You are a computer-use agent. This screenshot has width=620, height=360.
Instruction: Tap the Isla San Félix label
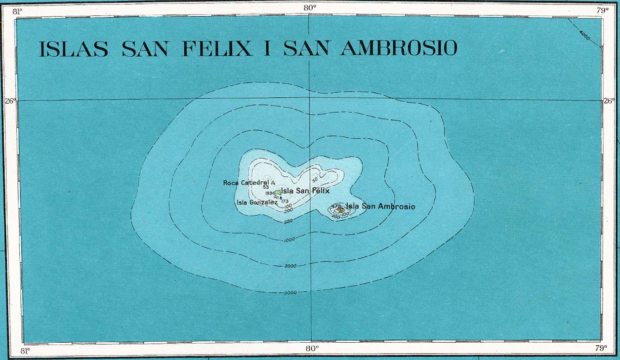[305, 191]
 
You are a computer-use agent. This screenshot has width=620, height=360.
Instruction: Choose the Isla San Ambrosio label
[380, 206]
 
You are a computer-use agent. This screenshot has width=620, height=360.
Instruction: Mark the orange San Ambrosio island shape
[339, 210]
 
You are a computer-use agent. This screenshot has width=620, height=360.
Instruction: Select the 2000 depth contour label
[290, 266]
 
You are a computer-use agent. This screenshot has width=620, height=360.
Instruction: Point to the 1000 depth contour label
[289, 240]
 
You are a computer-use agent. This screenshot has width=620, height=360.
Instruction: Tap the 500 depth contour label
[289, 221]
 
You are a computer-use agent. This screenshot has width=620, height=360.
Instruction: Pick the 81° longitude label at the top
[18, 10]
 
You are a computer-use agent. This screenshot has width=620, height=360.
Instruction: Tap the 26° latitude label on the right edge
[609, 101]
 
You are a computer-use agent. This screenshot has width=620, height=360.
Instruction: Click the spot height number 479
[336, 206]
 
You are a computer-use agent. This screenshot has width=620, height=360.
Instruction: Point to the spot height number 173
[284, 201]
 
